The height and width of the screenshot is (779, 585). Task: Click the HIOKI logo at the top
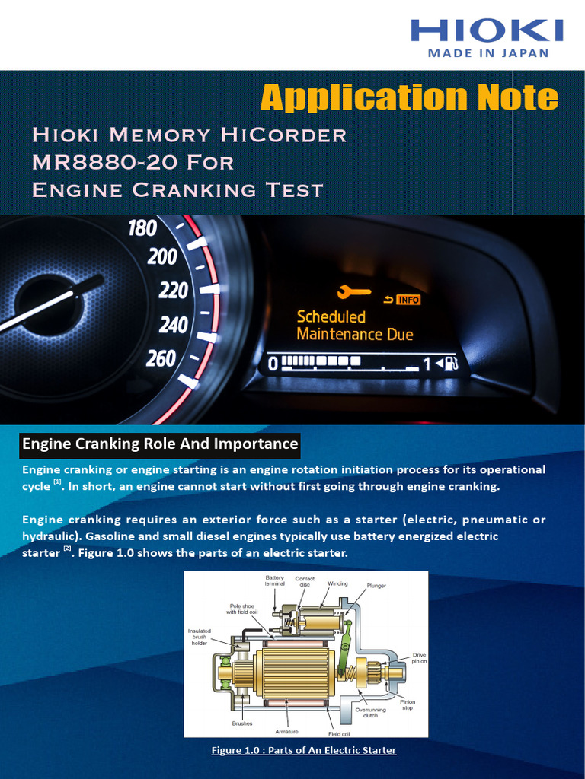click(x=487, y=30)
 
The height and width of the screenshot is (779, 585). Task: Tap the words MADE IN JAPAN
click(x=487, y=53)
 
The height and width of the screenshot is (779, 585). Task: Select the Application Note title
click(x=409, y=97)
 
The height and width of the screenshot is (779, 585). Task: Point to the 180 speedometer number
click(x=142, y=227)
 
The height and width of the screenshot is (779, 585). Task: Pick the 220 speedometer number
click(x=173, y=290)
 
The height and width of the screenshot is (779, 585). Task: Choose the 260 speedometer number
click(x=161, y=358)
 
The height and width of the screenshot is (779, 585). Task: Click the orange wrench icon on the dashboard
click(x=353, y=291)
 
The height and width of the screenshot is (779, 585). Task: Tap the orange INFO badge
click(x=408, y=300)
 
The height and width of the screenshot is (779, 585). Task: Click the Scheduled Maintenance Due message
click(x=354, y=326)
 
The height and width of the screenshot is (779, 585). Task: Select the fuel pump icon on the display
click(x=450, y=364)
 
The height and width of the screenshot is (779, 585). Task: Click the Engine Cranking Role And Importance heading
click(x=160, y=444)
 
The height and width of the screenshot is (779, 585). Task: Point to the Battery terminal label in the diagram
click(x=275, y=580)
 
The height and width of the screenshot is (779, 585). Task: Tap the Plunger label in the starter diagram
click(x=376, y=586)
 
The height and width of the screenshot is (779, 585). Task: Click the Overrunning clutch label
click(x=371, y=712)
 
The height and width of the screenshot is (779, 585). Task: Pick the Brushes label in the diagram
click(x=242, y=723)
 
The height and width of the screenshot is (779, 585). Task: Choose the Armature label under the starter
click(x=286, y=731)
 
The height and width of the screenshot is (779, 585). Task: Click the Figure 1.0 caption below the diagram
click(x=303, y=750)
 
